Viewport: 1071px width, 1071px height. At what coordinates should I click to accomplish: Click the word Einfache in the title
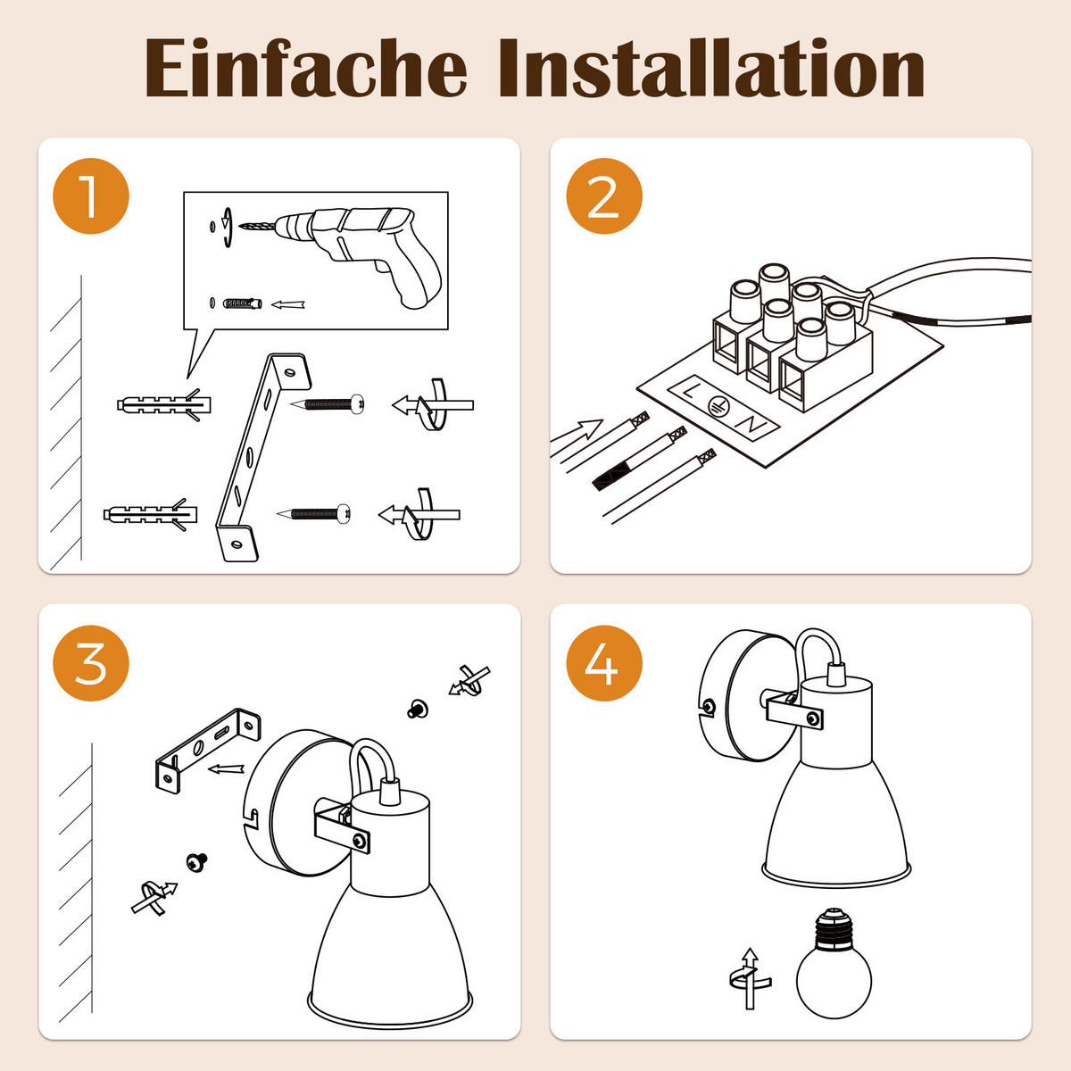[x=306, y=69]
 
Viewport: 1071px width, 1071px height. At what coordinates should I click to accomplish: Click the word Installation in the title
[x=712, y=68]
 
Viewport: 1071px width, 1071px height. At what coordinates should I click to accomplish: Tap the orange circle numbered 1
[x=91, y=196]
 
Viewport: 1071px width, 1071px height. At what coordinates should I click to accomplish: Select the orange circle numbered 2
[x=604, y=196]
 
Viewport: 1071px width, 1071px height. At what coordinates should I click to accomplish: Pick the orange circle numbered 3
[x=91, y=663]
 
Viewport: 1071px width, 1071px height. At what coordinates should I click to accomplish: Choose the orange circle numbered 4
[x=604, y=663]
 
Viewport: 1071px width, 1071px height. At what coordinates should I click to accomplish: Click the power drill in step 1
[x=356, y=250]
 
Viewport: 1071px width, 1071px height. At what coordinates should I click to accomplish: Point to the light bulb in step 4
[x=834, y=971]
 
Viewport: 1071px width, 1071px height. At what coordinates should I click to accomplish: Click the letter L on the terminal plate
[x=689, y=391]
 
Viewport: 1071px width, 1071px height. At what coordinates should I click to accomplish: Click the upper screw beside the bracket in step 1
[x=328, y=404]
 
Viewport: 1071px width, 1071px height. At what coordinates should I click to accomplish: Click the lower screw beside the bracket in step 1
[x=314, y=513]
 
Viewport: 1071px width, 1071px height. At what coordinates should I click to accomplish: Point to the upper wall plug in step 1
[x=164, y=404]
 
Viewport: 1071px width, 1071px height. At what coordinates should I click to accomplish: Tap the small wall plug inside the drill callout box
[x=243, y=303]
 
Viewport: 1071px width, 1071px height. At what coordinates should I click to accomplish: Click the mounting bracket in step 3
[x=207, y=750]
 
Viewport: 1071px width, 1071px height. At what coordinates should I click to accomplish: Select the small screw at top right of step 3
[x=418, y=709]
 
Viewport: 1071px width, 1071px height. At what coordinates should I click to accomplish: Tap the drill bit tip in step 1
[x=240, y=226]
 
